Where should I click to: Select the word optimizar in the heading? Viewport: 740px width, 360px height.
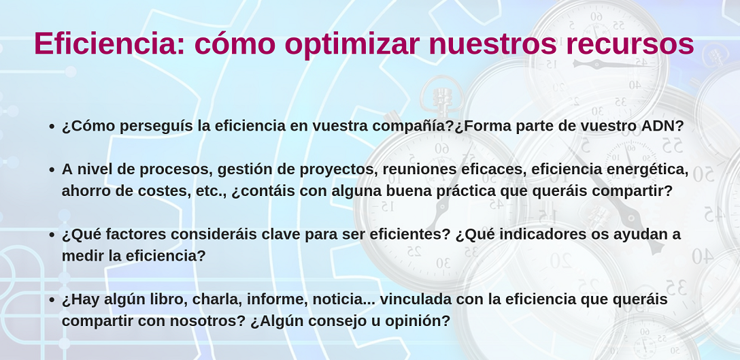click(x=352, y=45)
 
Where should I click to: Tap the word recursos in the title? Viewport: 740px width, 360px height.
click(x=630, y=44)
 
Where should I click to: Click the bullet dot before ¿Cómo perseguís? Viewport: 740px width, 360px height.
click(x=52, y=127)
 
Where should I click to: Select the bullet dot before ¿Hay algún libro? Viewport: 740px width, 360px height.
click(x=52, y=300)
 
